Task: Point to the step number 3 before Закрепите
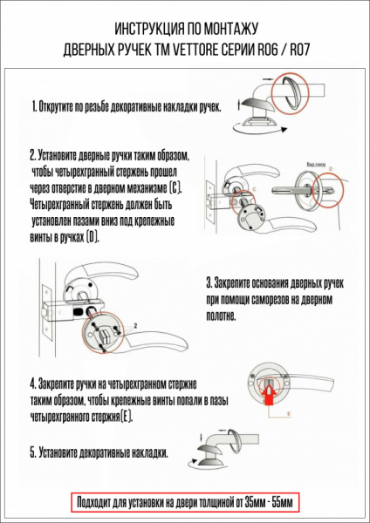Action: tap(209, 283)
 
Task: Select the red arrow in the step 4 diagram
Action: tap(268, 394)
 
